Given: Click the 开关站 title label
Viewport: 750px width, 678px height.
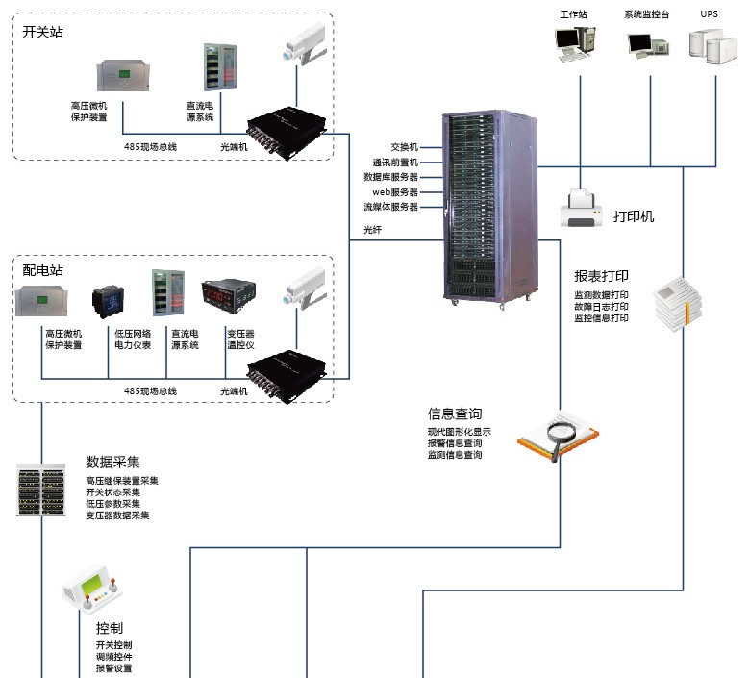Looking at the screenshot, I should pyautogui.click(x=42, y=32).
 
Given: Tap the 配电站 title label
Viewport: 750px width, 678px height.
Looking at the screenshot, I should pyautogui.click(x=42, y=271).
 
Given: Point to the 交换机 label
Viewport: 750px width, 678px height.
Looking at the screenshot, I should pyautogui.click(x=405, y=147).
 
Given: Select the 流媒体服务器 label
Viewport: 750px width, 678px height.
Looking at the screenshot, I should pyautogui.click(x=390, y=207).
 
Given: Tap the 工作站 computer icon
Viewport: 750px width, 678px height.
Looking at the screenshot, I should pyautogui.click(x=575, y=43).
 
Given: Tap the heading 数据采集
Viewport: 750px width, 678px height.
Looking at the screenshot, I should pyautogui.click(x=112, y=462).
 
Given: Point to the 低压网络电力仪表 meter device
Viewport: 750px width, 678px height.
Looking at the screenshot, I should pyautogui.click(x=108, y=300).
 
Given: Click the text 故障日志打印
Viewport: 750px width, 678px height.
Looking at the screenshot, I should pyautogui.click(x=601, y=306).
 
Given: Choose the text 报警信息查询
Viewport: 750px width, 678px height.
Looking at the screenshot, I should pyautogui.click(x=455, y=443).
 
